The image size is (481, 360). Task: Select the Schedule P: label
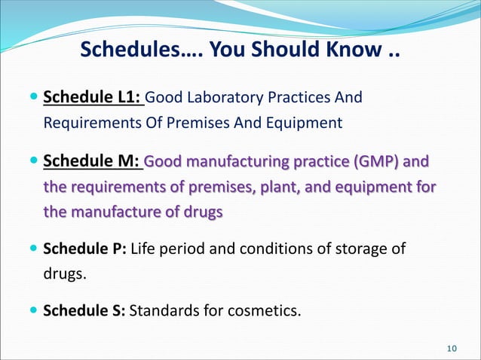tap(86, 249)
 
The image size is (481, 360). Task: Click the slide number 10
tap(452, 347)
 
